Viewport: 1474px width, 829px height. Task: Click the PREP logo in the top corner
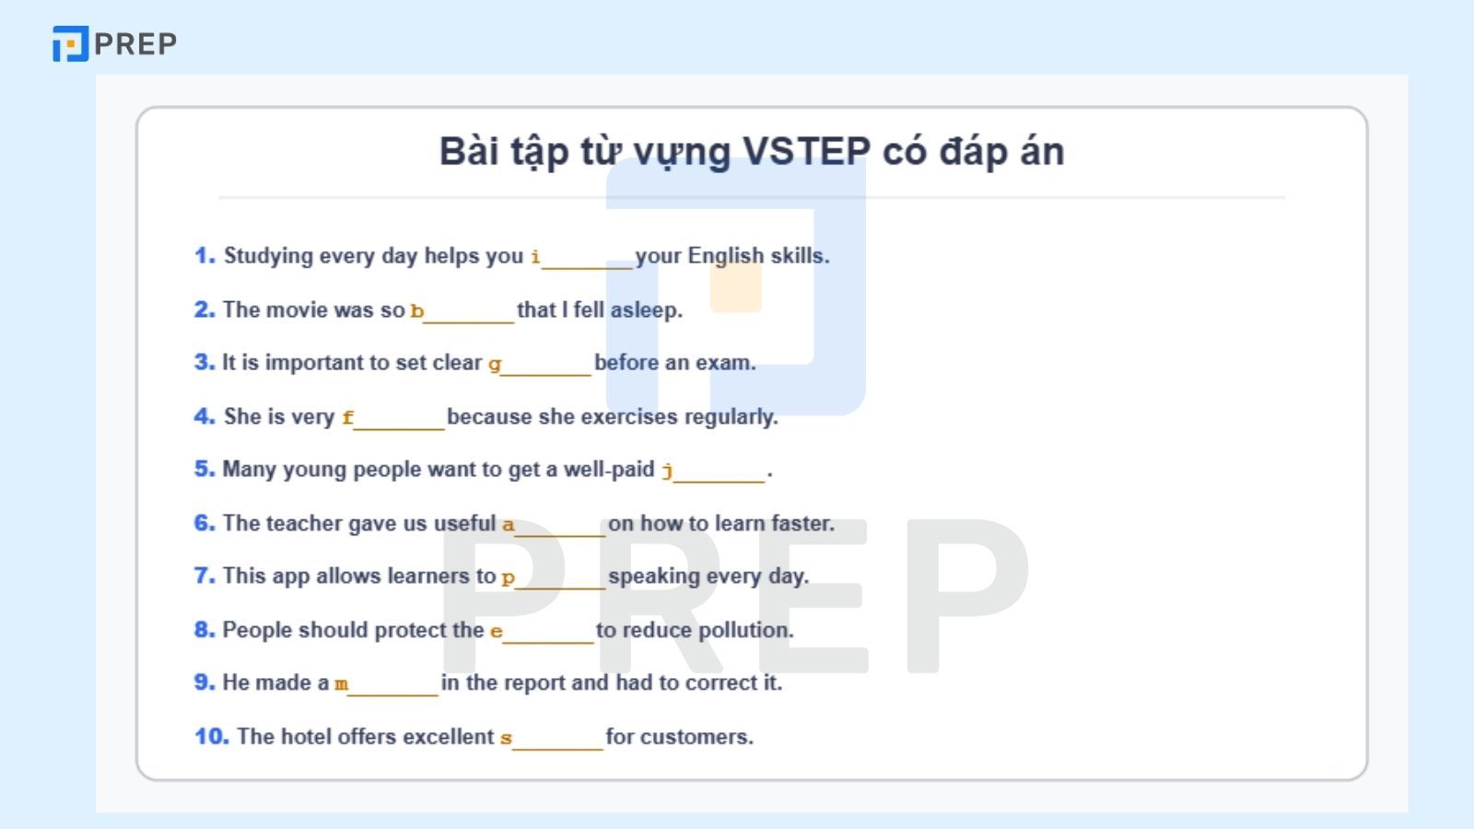[x=114, y=43]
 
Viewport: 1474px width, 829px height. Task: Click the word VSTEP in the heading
[x=805, y=151]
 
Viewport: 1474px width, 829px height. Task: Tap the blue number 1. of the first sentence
[x=205, y=255]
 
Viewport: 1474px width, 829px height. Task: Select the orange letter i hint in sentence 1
[x=535, y=257]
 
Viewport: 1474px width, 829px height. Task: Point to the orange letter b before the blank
[x=416, y=311]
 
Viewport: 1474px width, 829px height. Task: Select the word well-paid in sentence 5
[x=608, y=469]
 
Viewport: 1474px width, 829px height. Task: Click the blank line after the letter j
[x=719, y=477]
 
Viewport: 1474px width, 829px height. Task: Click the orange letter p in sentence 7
[x=508, y=578]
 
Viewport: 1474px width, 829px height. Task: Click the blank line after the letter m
[x=393, y=691]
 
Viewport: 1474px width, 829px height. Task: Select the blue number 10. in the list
[x=211, y=736]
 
